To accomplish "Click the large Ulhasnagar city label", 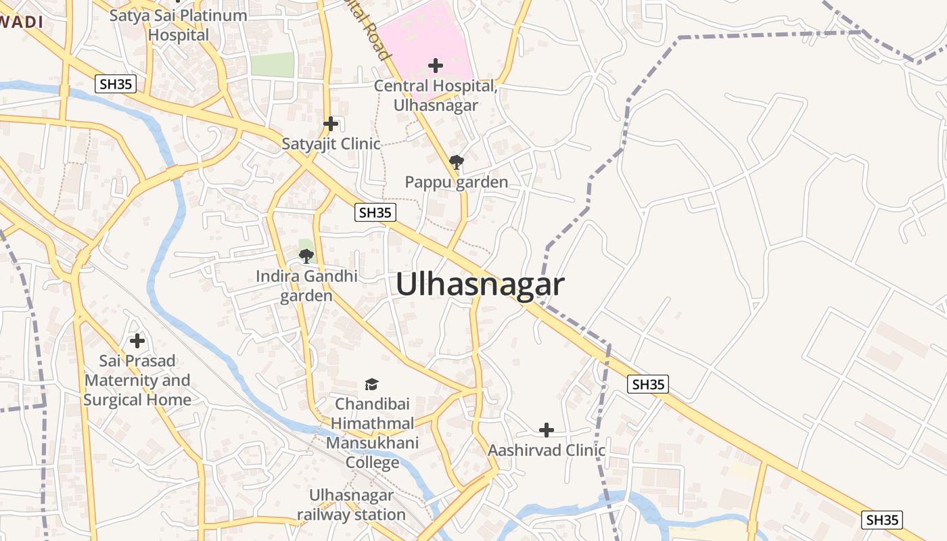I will pyautogui.click(x=480, y=285).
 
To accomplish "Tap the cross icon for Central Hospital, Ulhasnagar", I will pyautogui.click(x=436, y=66).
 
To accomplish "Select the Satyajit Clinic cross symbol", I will pyautogui.click(x=331, y=124).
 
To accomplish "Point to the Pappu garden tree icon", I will pyautogui.click(x=457, y=162).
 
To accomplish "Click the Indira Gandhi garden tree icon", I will pyautogui.click(x=306, y=256).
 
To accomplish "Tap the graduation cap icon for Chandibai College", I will pyautogui.click(x=372, y=385).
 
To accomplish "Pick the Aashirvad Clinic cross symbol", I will pyautogui.click(x=547, y=430).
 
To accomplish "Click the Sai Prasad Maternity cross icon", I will pyautogui.click(x=137, y=341).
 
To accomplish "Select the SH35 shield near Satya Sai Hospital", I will pyautogui.click(x=116, y=84).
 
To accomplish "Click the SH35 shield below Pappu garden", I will pyautogui.click(x=375, y=212).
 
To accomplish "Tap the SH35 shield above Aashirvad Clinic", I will pyautogui.click(x=648, y=384).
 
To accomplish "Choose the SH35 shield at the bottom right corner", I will pyautogui.click(x=883, y=519).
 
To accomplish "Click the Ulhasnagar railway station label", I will pyautogui.click(x=351, y=504).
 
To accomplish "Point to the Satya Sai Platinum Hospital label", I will pyautogui.click(x=179, y=25).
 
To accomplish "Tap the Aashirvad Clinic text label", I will pyautogui.click(x=547, y=450).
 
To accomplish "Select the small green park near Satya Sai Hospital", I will pyautogui.click(x=273, y=65).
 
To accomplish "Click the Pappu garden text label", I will pyautogui.click(x=457, y=183).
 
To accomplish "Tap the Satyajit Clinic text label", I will pyautogui.click(x=331, y=144).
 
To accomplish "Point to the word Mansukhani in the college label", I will pyautogui.click(x=372, y=444).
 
